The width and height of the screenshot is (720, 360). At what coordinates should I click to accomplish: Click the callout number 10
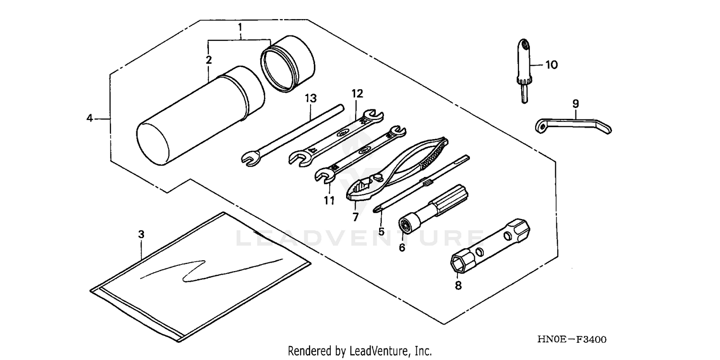[x=552, y=65]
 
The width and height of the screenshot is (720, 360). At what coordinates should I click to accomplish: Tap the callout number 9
[x=576, y=103]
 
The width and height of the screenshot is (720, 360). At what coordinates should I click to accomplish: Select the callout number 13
[x=311, y=98]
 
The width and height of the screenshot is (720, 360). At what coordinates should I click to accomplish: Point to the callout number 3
[x=141, y=234]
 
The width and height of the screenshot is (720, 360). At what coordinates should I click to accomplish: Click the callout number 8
[x=457, y=286]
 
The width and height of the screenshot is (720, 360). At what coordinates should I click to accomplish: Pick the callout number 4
[x=89, y=118]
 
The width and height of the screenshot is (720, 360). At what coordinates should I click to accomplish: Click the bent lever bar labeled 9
[x=574, y=122]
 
